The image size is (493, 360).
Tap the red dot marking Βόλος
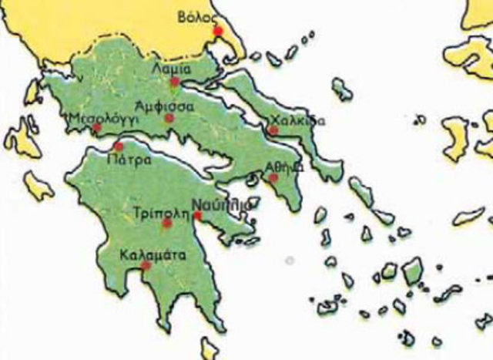218,31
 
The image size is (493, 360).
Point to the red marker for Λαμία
175,81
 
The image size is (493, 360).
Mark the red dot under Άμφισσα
169,118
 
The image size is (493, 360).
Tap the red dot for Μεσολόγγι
97,128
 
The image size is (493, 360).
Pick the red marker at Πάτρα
118,146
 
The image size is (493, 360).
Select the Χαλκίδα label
294,121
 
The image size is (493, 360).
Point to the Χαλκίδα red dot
273,130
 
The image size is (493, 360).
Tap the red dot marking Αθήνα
273,178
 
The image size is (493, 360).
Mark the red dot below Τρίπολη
166,223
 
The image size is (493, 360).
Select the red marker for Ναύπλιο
198,216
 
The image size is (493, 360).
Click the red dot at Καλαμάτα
145,266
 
